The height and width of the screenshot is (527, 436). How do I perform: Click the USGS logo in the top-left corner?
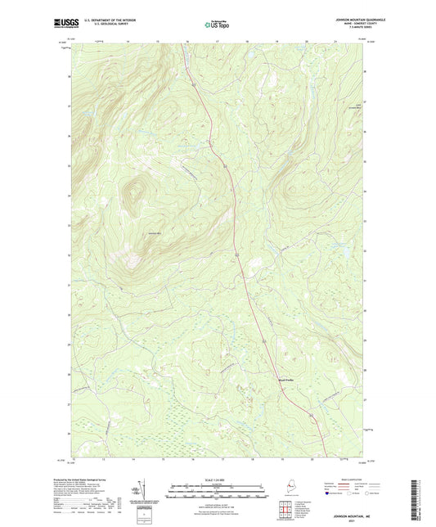point(61,23)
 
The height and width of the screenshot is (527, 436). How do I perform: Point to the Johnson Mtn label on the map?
point(153,235)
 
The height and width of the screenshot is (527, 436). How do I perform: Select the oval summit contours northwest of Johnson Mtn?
point(133,195)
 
